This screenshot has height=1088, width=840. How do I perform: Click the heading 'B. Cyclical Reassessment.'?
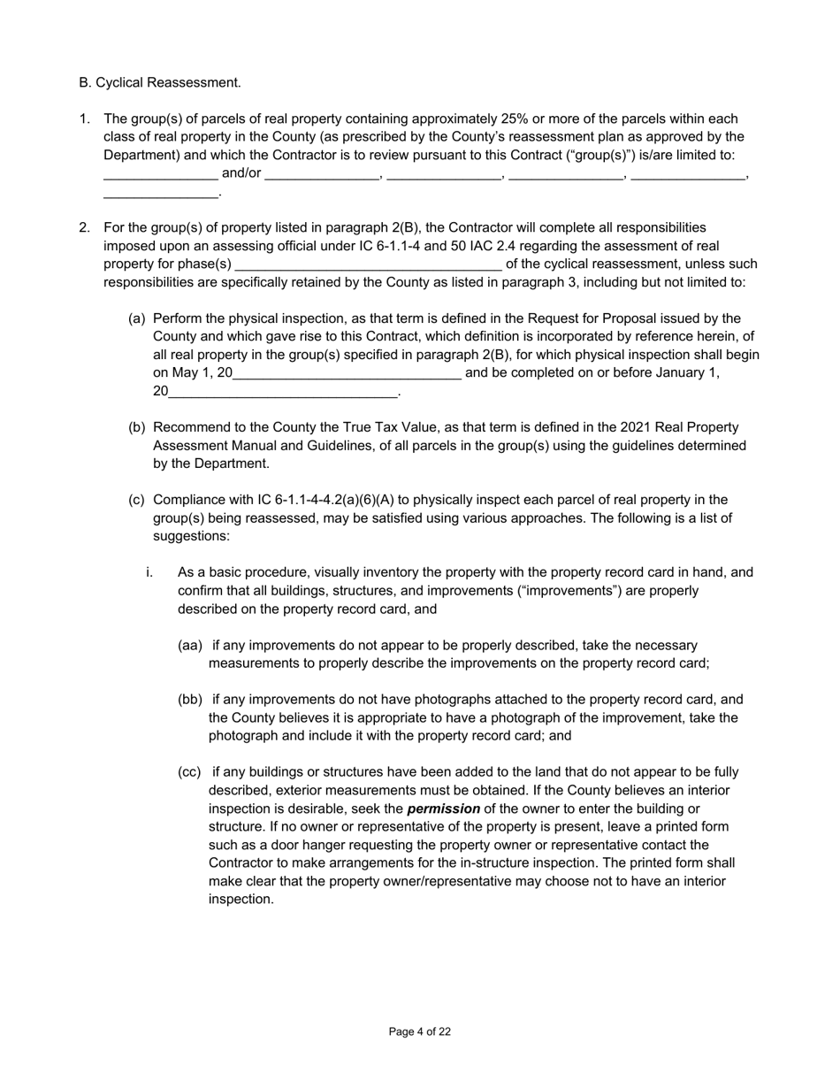(159, 82)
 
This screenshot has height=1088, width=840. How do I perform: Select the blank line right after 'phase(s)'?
(368, 264)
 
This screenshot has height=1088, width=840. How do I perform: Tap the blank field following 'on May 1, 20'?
(347, 372)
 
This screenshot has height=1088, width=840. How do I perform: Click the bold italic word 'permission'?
(443, 808)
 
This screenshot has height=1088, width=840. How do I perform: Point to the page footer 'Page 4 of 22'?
(420, 1031)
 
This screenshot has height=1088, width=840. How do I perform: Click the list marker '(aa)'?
(190, 645)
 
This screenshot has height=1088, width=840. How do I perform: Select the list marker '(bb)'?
(190, 700)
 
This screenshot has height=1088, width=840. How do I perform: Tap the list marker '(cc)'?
(190, 772)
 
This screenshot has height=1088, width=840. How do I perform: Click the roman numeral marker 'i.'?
(149, 572)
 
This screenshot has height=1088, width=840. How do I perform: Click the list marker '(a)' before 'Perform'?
(137, 318)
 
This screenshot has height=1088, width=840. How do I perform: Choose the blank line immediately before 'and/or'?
(161, 173)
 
